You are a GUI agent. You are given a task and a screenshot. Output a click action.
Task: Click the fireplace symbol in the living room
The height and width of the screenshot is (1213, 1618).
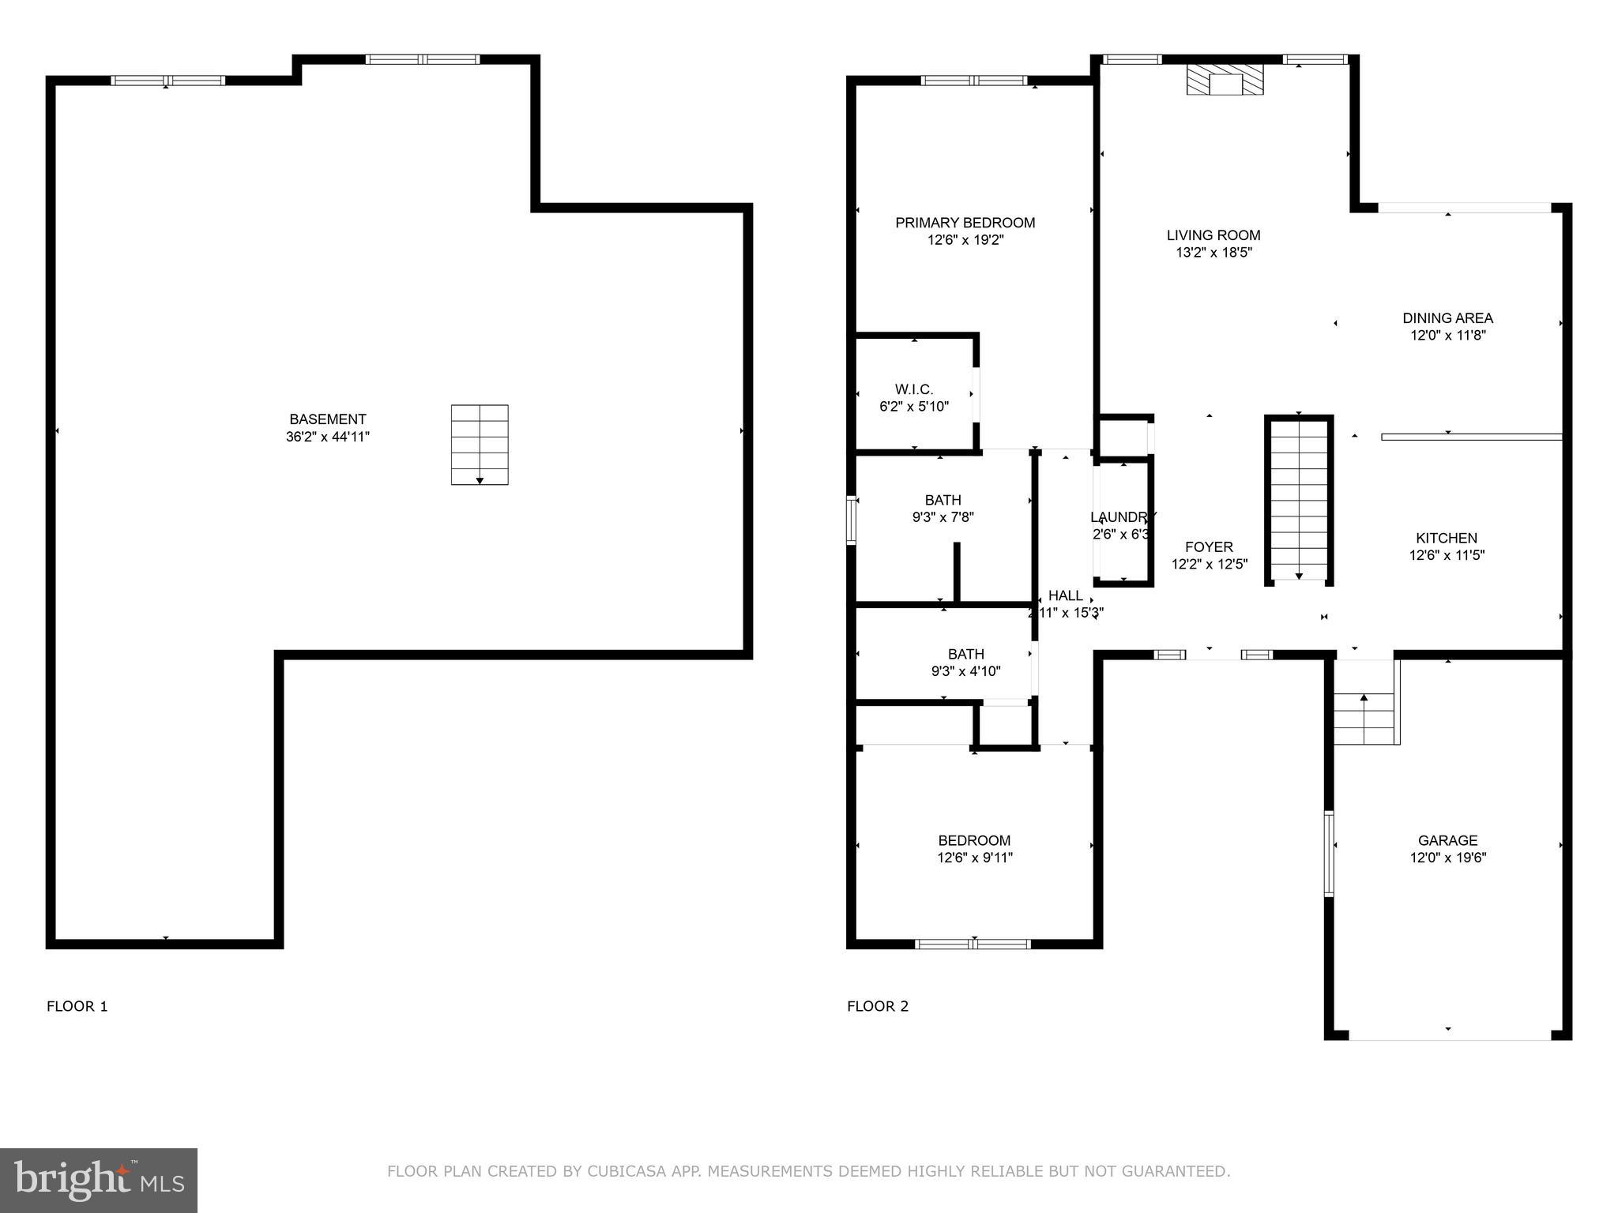coord(1225,81)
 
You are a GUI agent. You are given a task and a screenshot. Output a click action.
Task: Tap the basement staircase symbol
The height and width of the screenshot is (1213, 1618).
coord(480,445)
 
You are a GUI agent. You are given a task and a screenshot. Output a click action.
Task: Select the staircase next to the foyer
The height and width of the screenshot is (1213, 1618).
coord(1299,501)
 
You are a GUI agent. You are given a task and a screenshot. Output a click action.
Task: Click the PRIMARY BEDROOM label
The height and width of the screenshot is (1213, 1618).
coord(965,223)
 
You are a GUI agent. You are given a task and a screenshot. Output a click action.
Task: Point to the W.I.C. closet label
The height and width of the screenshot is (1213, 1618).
coord(914,389)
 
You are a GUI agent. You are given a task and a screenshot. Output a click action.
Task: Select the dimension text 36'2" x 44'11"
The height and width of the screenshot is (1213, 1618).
coord(328,437)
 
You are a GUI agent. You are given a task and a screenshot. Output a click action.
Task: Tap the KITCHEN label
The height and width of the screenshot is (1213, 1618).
coord(1447,538)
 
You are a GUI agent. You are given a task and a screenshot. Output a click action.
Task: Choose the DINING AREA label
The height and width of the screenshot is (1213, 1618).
coord(1447,318)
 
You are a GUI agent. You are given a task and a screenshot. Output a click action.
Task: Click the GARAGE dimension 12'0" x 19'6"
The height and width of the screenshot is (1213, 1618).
coord(1447,858)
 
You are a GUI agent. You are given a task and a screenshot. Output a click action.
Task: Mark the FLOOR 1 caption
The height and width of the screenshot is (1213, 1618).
coord(77,1006)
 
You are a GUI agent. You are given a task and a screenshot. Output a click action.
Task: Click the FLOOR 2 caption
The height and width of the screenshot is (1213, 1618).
coord(878,1006)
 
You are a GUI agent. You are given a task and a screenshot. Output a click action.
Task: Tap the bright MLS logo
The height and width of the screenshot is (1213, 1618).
coord(99,1181)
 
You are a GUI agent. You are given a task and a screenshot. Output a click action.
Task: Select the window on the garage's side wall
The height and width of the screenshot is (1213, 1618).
coord(1329,853)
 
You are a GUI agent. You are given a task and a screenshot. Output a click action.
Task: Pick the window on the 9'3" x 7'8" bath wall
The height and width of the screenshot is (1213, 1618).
coord(851,520)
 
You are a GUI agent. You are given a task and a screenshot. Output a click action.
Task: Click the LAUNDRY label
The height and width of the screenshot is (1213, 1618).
coord(1123,517)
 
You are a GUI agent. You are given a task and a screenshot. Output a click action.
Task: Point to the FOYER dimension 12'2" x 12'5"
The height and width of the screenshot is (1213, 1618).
coord(1209,565)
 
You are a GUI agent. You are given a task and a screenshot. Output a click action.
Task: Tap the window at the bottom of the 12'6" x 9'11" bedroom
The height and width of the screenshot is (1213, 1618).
coord(973,944)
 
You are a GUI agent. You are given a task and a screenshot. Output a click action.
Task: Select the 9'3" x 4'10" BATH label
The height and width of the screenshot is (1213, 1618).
coord(965,654)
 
